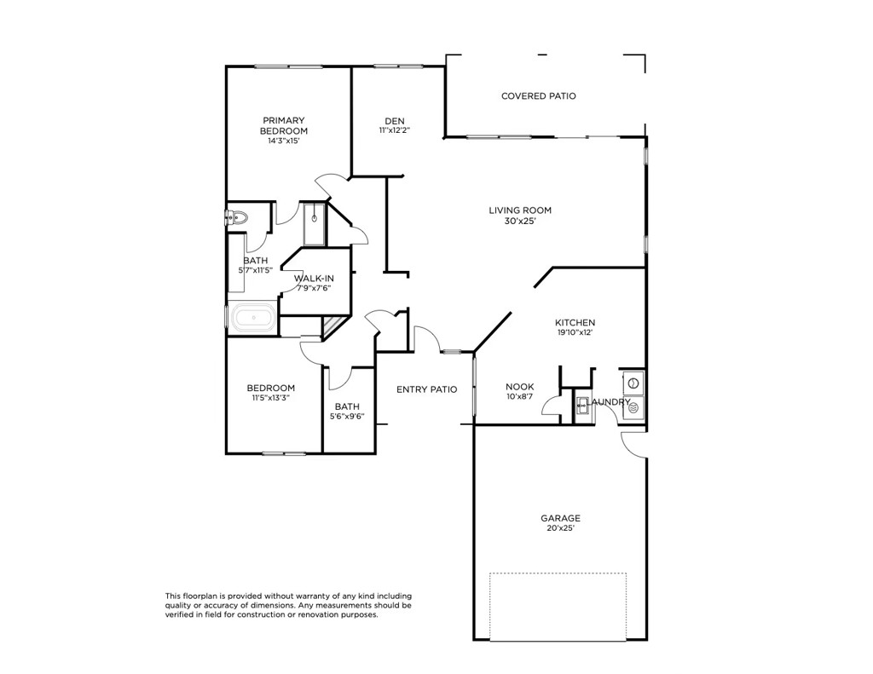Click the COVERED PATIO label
click(x=538, y=96)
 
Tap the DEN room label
click(x=394, y=120)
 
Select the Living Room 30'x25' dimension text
click(x=519, y=221)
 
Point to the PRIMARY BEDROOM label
click(x=284, y=125)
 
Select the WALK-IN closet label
click(x=314, y=278)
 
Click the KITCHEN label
click(x=575, y=323)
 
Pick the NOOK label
click(x=519, y=387)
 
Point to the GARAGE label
click(x=560, y=518)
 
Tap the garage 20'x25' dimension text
click(x=560, y=528)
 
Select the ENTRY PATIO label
click(x=426, y=389)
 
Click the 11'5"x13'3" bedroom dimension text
click(x=271, y=398)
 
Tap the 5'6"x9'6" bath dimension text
click(x=347, y=417)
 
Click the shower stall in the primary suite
click(x=315, y=223)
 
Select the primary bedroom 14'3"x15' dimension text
click(x=283, y=141)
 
